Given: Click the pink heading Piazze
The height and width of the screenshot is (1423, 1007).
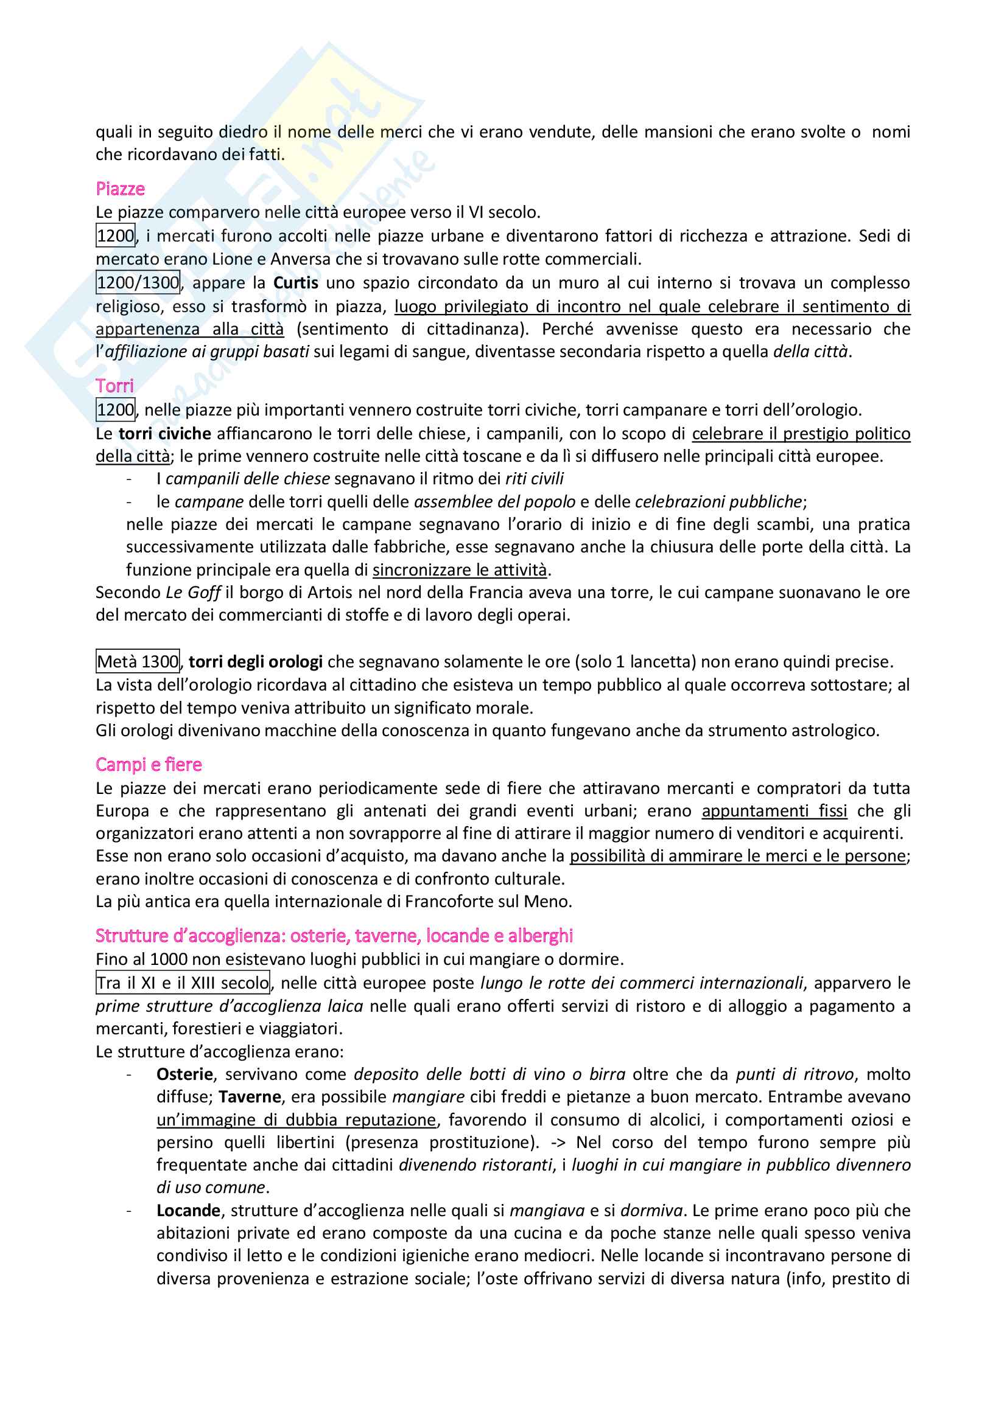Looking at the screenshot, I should (x=121, y=189).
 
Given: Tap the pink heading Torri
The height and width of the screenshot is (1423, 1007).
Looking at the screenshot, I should (x=114, y=386).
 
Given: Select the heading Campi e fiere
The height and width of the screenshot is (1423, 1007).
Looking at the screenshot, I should (x=149, y=764).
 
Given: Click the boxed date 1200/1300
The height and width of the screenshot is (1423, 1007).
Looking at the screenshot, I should (x=138, y=283).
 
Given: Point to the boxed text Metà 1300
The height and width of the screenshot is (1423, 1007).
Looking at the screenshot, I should (x=138, y=661).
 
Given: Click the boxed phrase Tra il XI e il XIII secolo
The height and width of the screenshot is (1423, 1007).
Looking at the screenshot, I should (x=183, y=983).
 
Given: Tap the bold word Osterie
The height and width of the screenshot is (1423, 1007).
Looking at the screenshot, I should (x=185, y=1074).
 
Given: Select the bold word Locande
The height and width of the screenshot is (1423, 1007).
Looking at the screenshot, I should (x=189, y=1211).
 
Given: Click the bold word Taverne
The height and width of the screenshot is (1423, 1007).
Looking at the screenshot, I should (x=250, y=1097).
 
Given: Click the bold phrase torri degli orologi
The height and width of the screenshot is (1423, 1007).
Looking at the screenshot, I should (x=256, y=661).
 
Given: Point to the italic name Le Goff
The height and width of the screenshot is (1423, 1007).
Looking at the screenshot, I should (x=193, y=593).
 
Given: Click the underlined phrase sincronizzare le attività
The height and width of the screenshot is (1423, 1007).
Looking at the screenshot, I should (x=460, y=569).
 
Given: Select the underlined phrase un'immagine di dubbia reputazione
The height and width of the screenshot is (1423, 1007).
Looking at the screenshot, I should (x=296, y=1119).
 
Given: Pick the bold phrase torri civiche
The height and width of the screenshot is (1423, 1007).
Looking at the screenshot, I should (x=165, y=433).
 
